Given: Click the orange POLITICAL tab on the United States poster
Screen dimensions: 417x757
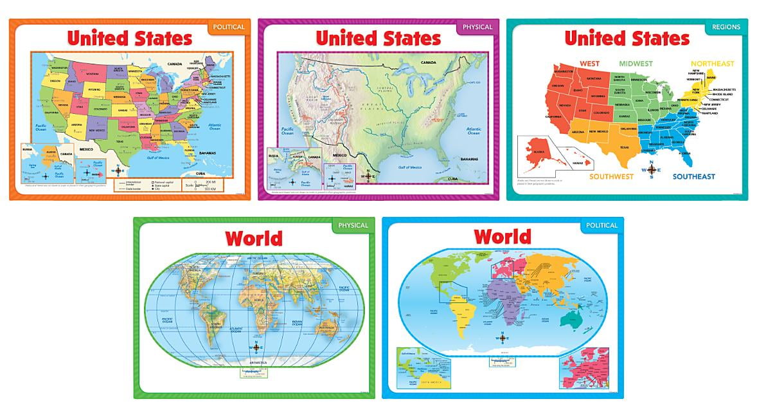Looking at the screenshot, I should (227, 27).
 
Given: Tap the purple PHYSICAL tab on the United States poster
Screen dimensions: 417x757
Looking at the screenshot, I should (476, 27).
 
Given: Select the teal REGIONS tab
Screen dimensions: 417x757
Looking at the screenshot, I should (726, 27).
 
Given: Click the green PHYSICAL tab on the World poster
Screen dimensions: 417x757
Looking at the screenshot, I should (352, 225).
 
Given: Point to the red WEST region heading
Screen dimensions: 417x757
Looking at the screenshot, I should (589, 63).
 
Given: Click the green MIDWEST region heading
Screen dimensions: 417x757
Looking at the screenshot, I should (635, 64).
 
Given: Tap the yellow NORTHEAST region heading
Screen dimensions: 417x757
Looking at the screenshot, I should (712, 64).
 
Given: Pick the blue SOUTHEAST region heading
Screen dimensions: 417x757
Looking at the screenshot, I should (693, 176).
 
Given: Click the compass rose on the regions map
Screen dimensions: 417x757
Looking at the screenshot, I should (652, 170).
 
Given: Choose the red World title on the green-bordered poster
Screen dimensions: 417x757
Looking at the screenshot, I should (254, 238).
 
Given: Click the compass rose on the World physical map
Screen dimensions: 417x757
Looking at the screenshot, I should (256, 347).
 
